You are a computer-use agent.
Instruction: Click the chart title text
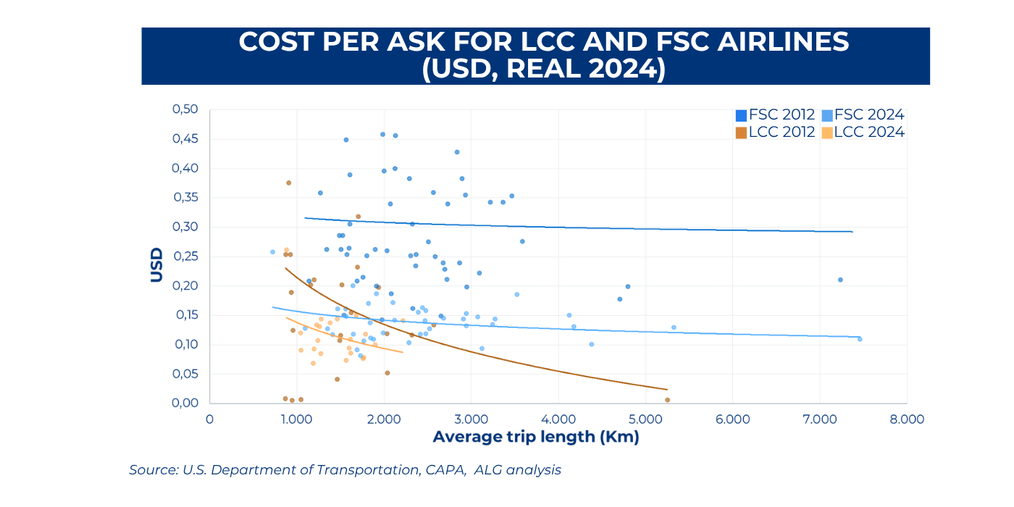pos(543,56)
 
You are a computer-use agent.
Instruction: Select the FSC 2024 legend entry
pos(862,115)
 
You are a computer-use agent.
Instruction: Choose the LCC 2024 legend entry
pos(862,132)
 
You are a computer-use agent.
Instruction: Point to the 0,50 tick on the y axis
pos(185,109)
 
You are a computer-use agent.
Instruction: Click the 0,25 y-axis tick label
pos(185,256)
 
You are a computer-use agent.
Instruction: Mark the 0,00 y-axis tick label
pos(185,403)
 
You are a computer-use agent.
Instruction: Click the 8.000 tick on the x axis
pos(907,419)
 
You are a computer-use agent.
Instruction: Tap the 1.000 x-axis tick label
pos(296,419)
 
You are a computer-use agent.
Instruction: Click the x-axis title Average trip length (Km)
pos(536,437)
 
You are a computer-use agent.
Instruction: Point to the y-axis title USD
pos(156,265)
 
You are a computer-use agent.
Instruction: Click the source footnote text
pos(345,470)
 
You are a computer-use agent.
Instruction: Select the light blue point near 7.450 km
pos(859,339)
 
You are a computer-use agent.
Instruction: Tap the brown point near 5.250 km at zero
pos(667,400)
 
